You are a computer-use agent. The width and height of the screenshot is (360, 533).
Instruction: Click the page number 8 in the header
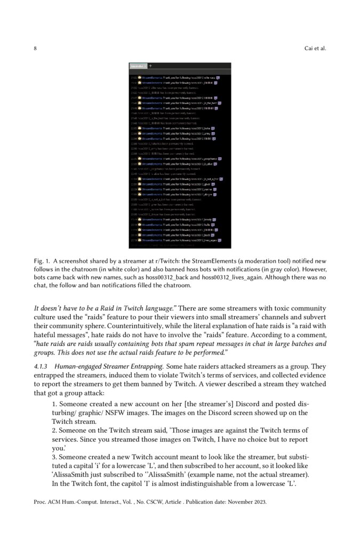pyautogui.click(x=35, y=49)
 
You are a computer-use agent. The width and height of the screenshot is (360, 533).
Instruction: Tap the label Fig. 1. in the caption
pyautogui.click(x=42, y=261)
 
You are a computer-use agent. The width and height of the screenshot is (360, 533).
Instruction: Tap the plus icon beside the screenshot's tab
pyautogui.click(x=150, y=66)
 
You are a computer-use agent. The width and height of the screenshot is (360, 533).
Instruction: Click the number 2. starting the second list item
pyautogui.click(x=55, y=430)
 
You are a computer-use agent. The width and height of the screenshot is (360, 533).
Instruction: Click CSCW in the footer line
pyautogui.click(x=142, y=502)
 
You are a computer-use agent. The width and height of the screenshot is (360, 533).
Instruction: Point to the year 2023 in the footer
pyautogui.click(x=256, y=502)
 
